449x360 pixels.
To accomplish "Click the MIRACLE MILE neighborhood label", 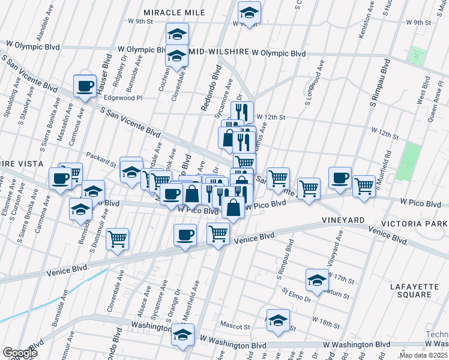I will [x=175, y=13].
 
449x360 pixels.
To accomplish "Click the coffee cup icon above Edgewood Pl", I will [x=85, y=85].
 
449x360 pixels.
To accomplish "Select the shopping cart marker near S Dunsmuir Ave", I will [x=118, y=238].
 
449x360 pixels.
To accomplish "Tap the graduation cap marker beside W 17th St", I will [x=317, y=279].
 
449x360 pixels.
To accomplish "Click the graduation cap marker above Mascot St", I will [x=278, y=320].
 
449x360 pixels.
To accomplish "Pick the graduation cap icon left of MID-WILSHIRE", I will [x=177, y=56].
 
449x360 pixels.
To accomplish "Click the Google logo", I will [x=20, y=353].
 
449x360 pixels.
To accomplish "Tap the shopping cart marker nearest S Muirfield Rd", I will [x=364, y=186].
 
